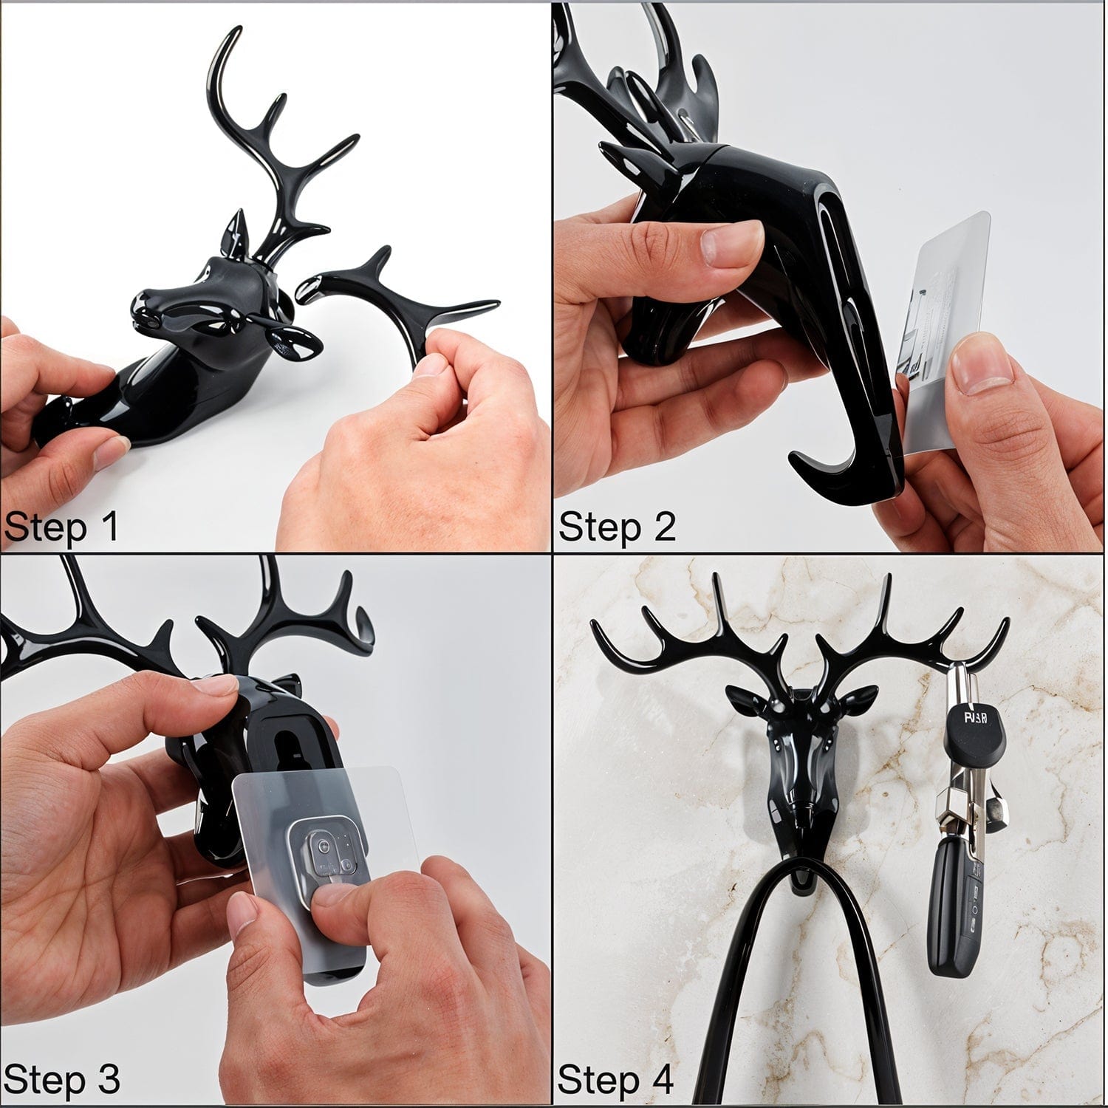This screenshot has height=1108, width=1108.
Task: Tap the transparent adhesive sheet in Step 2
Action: pyautogui.click(x=945, y=325)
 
